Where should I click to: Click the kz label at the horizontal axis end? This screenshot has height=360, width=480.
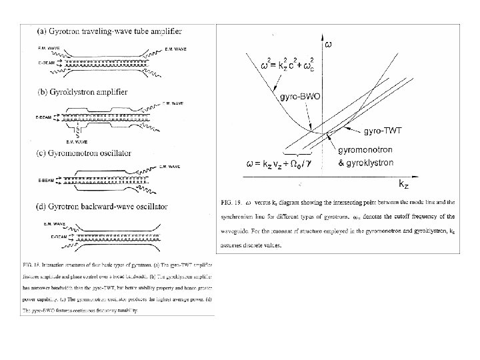pos(403,182)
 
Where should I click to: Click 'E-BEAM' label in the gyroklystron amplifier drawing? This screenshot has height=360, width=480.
pos(42,117)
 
